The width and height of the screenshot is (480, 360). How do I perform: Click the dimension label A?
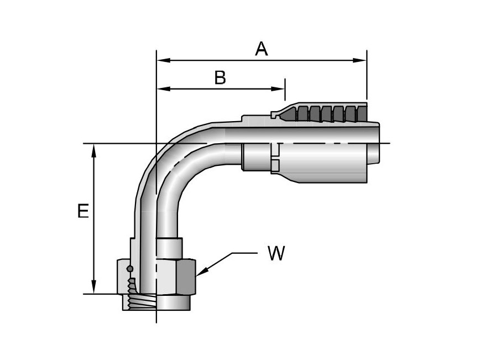tap(261, 49)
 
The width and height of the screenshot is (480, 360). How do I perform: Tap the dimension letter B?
tap(220, 78)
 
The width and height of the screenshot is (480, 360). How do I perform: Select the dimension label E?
tap(83, 211)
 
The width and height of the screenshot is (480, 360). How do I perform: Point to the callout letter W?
tap(276, 254)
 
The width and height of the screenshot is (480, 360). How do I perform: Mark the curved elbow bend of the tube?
tap(166, 166)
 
